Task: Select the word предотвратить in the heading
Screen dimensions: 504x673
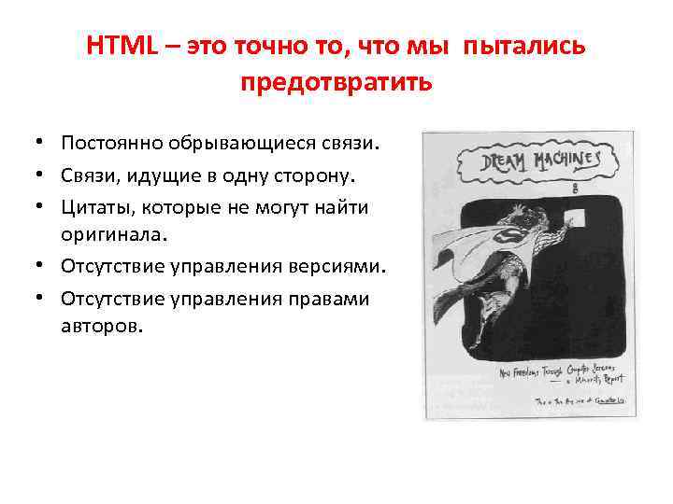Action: (336, 83)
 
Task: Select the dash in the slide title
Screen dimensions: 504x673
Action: (173, 48)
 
